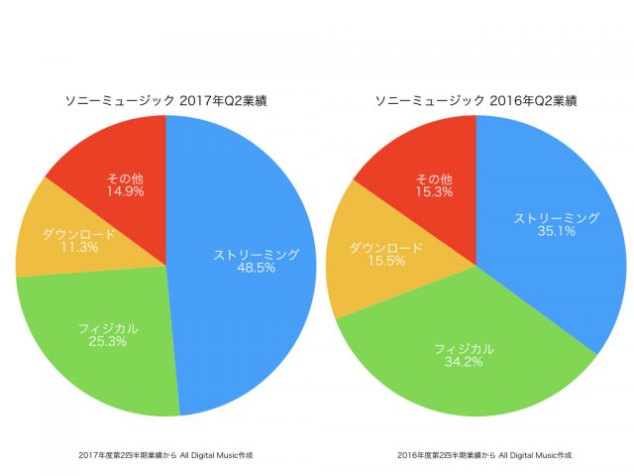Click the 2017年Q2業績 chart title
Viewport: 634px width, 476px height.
pos(165,100)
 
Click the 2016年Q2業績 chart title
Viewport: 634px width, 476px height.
pos(476,100)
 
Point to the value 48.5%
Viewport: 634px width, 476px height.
pos(256,269)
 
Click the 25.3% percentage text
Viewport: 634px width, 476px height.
pos(107,341)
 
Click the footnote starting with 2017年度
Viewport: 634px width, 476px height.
pos(165,454)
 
